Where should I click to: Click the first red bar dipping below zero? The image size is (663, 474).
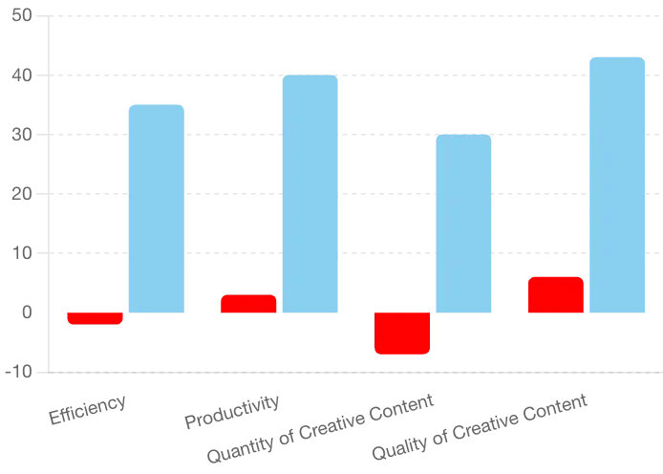tap(95, 318)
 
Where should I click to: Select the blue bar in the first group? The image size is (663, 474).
tap(157, 207)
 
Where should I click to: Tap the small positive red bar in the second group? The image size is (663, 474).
tap(247, 303)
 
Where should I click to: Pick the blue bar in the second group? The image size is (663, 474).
tap(310, 193)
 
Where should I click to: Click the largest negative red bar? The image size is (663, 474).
tap(402, 334)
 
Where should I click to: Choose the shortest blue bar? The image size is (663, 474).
tap(464, 223)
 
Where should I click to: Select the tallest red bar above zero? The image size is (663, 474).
tap(556, 294)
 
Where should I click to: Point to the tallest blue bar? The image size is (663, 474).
tap(618, 183)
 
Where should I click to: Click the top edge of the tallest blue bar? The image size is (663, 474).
tap(618, 55)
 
